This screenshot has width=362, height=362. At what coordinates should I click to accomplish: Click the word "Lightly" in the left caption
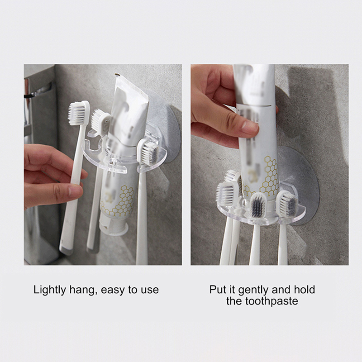(x=50, y=290)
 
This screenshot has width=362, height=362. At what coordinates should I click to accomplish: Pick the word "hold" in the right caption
(x=305, y=290)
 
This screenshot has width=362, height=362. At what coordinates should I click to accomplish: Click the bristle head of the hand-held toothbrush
(x=78, y=113)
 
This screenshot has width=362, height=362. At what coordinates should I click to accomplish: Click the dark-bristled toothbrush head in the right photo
(x=258, y=205)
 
